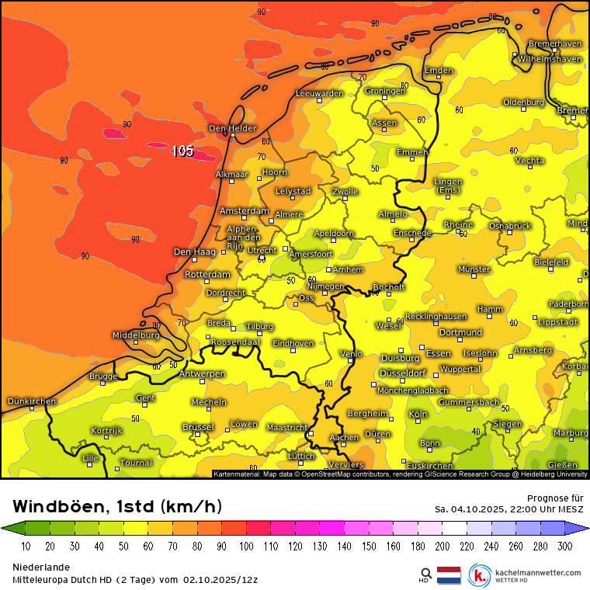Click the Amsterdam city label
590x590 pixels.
(244, 211)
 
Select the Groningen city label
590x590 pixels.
(385, 91)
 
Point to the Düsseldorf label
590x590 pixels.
(403, 373)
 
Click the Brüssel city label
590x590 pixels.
(197, 427)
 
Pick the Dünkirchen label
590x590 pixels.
(31, 401)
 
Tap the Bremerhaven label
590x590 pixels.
(554, 44)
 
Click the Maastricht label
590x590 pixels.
(286, 427)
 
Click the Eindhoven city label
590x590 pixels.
(293, 343)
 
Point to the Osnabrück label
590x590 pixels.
(509, 225)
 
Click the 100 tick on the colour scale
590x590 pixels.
(246, 546)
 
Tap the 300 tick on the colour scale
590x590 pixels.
(564, 546)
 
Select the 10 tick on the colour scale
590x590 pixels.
(26, 546)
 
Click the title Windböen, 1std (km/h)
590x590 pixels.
(117, 507)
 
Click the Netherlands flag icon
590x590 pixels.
(449, 575)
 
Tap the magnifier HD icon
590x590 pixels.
(425, 574)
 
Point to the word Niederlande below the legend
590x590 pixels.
(40, 567)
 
